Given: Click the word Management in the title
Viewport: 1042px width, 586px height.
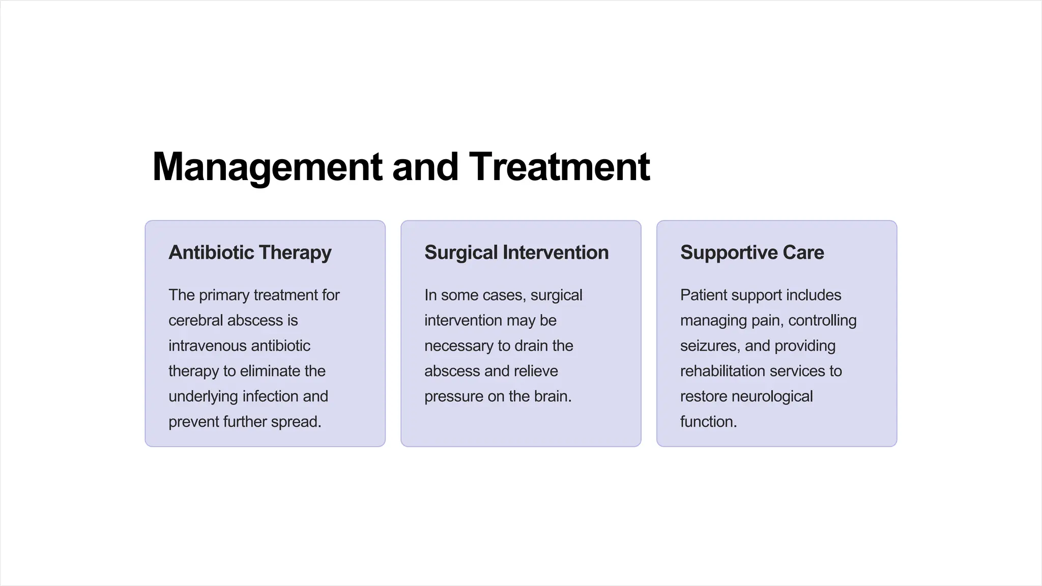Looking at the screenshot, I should (x=267, y=167).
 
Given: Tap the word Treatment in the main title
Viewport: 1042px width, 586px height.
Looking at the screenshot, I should (x=559, y=167).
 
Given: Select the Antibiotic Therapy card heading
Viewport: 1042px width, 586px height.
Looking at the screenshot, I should (x=250, y=253).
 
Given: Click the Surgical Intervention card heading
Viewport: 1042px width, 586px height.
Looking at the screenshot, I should (x=516, y=253).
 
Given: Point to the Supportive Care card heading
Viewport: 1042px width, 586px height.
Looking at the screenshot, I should (x=752, y=253).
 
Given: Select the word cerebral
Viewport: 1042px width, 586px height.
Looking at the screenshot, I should (x=195, y=320).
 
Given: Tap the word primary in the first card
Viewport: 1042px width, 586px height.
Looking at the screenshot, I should (x=224, y=296).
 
